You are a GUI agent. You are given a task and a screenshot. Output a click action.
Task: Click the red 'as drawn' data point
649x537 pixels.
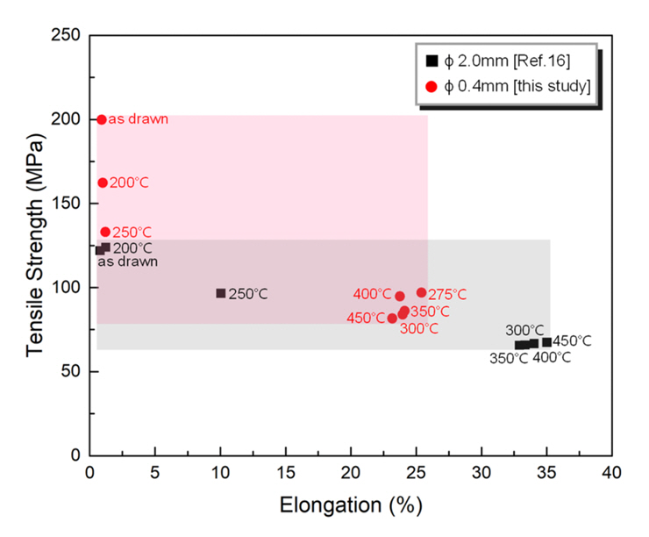pyautogui.click(x=102, y=119)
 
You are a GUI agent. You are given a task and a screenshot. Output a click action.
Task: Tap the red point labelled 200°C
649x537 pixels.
pyautogui.click(x=103, y=183)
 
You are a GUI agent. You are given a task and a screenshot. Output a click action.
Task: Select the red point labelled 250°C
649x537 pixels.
pyautogui.click(x=105, y=232)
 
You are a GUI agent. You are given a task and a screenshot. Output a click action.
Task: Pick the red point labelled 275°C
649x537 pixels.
pyautogui.click(x=421, y=292)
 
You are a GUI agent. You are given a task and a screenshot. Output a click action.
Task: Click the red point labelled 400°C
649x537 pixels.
pyautogui.click(x=400, y=297)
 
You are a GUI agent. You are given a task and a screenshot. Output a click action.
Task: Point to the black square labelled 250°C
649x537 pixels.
pyautogui.click(x=221, y=293)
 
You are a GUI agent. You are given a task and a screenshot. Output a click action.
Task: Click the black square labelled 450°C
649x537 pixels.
pyautogui.click(x=546, y=341)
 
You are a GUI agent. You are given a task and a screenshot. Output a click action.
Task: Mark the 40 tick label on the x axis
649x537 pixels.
pyautogui.click(x=611, y=473)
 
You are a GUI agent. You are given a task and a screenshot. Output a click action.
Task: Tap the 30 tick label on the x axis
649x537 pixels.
pyautogui.click(x=481, y=473)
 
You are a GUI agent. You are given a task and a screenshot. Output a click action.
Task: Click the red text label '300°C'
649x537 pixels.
pyautogui.click(x=419, y=329)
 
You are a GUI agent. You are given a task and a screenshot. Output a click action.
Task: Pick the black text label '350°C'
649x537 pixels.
pyautogui.click(x=509, y=358)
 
